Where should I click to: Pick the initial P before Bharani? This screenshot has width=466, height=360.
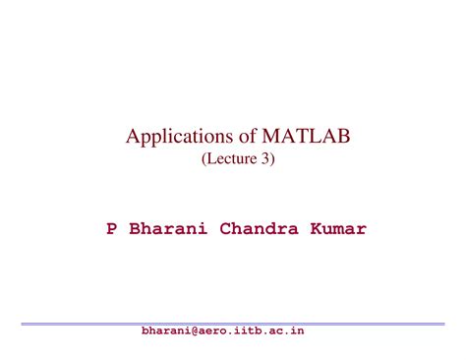112,229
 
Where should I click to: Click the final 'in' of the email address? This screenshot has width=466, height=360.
298,331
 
